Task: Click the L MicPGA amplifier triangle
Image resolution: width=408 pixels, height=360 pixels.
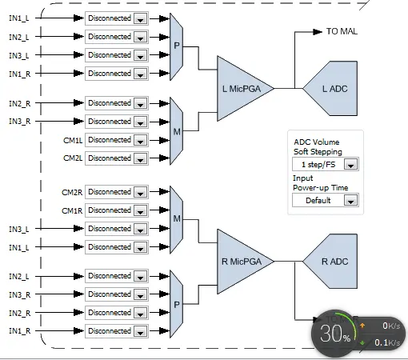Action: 242,89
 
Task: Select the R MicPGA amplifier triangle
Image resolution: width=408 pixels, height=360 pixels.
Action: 242,262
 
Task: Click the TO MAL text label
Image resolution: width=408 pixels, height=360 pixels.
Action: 342,31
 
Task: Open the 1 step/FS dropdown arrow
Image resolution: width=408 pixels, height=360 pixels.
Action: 350,165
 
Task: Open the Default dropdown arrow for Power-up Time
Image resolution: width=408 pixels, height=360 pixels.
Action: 350,201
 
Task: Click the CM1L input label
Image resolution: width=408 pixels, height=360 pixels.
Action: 73,140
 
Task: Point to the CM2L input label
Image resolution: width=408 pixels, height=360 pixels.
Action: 73,158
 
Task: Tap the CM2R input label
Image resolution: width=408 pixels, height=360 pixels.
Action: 72,192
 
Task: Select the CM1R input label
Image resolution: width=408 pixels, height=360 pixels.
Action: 72,211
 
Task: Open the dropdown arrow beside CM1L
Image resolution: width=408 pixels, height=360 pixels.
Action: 140,140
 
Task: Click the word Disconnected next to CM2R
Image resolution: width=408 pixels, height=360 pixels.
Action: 110,192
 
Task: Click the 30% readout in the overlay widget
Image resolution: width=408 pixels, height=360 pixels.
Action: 335,334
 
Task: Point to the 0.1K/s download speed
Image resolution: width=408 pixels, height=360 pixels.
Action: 387,342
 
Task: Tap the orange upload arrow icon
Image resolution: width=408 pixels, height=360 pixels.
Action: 362,326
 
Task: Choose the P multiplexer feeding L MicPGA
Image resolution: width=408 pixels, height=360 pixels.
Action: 177,46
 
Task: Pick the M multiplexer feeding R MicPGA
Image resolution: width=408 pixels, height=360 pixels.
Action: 177,219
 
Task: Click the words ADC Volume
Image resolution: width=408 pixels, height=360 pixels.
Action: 317,142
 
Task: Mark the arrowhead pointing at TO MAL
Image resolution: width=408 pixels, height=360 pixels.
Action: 318,32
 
